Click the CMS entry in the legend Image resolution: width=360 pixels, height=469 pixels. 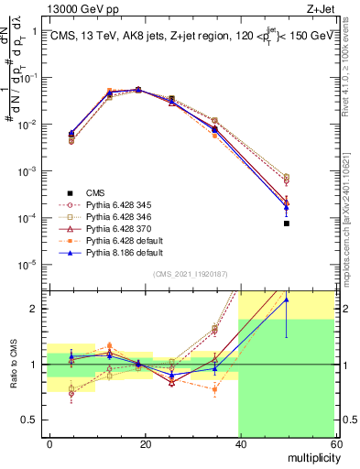pyautogui.click(x=97, y=192)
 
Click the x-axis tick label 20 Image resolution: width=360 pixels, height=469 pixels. pyautogui.click(x=145, y=443)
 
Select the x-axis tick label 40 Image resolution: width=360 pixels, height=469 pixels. pyautogui.click(x=240, y=443)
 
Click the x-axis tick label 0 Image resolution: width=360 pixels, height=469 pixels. pyautogui.click(x=50, y=443)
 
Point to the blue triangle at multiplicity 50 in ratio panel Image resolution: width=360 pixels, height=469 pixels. pyautogui.click(x=287, y=300)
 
